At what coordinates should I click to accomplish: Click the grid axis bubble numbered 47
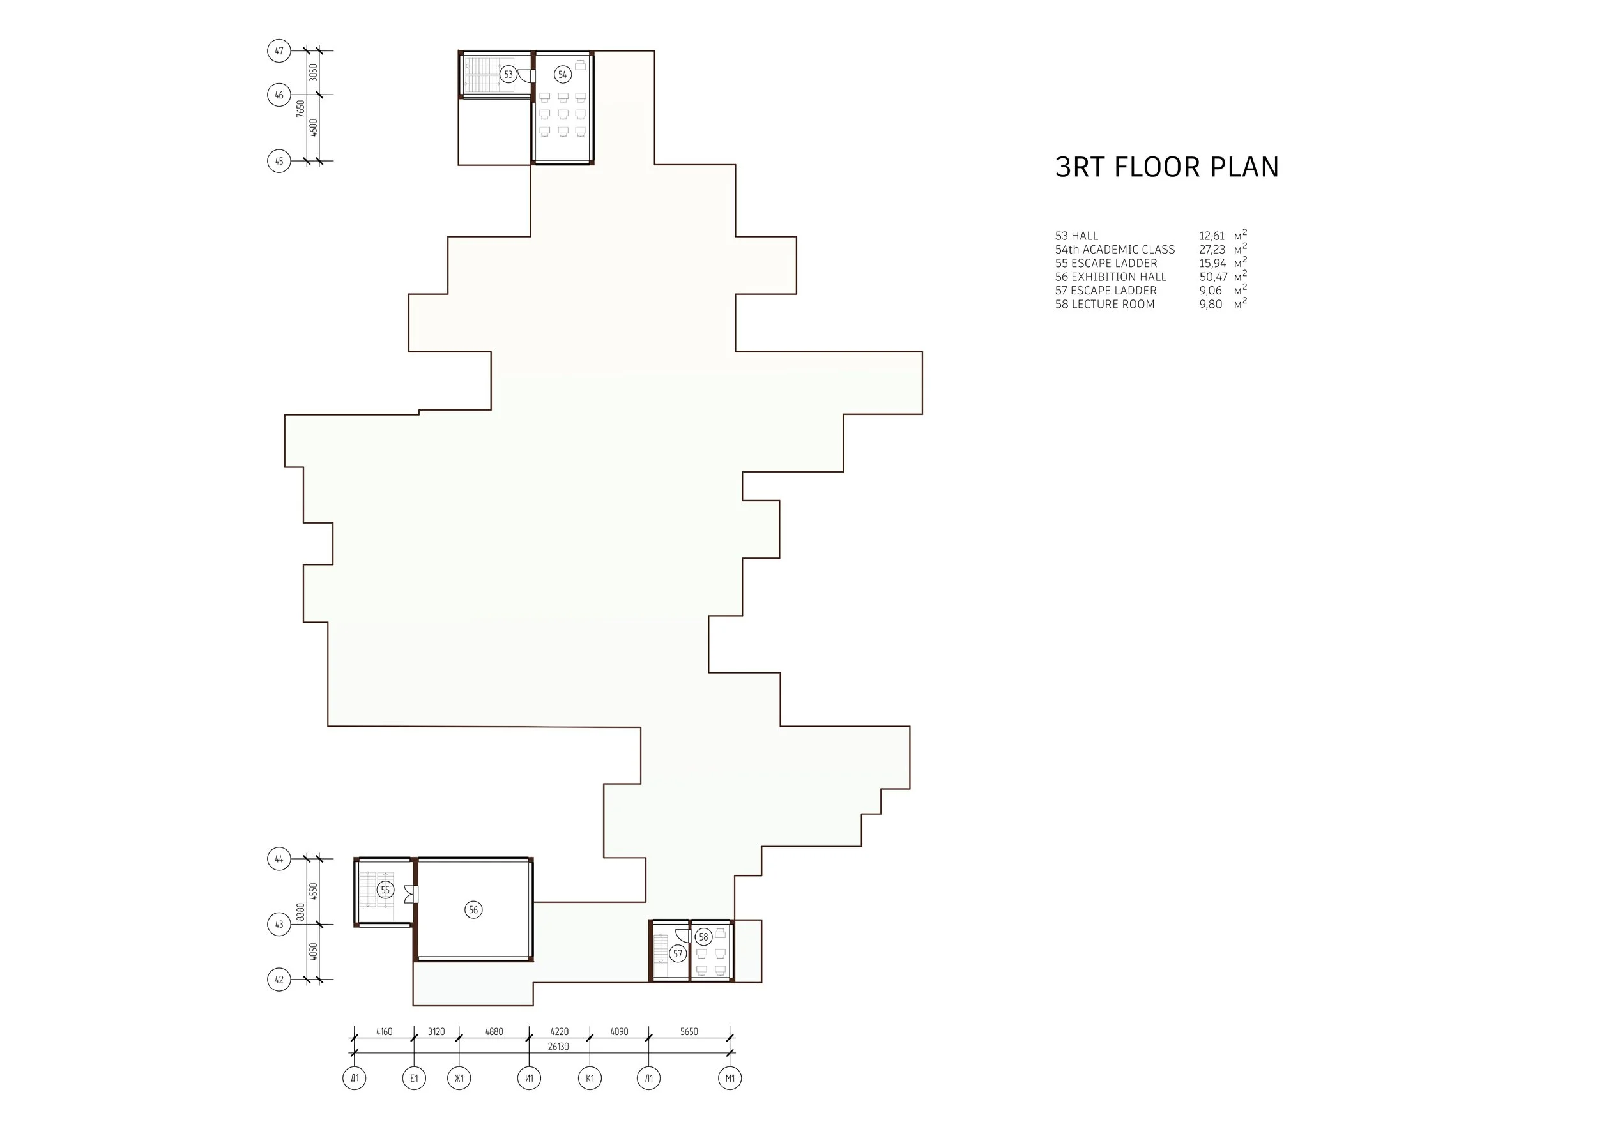[279, 50]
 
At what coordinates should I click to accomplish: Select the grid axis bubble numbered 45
[279, 162]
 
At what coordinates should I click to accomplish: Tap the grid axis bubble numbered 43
[279, 925]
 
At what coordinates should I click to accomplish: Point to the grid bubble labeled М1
[730, 1079]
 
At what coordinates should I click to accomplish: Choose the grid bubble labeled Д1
[354, 1079]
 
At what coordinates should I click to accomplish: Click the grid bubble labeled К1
[590, 1079]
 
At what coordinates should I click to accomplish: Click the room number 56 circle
[473, 909]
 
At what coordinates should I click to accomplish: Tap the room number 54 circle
[563, 74]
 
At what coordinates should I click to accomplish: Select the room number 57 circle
[678, 954]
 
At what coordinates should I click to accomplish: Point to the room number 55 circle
[385, 890]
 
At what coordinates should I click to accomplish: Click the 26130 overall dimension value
[558, 1046]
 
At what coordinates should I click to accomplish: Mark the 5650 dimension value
[689, 1032]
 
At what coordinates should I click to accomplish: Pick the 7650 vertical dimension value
[300, 109]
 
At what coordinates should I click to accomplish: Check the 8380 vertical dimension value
[300, 911]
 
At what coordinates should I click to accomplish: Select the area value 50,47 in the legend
[1213, 277]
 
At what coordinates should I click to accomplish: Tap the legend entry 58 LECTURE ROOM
[1104, 305]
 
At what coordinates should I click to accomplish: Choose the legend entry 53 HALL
[1077, 236]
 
